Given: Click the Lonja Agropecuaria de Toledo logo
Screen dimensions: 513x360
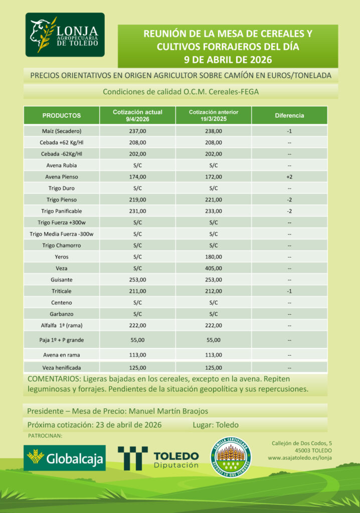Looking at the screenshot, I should [65, 35].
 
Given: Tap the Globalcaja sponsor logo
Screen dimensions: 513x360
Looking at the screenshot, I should [65, 458].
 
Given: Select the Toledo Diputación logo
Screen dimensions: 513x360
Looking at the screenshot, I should [158, 458].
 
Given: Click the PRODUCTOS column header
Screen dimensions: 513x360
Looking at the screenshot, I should [62, 116].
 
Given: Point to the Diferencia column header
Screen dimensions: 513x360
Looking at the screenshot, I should [289, 116].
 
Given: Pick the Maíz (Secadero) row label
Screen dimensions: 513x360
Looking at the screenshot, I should [62, 131].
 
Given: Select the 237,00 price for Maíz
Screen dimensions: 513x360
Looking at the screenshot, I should [137, 131].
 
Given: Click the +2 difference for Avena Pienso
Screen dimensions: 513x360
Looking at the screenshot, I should [289, 177].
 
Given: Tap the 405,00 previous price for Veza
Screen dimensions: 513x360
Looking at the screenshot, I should [214, 268].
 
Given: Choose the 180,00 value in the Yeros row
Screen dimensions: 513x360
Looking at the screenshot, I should [214, 257].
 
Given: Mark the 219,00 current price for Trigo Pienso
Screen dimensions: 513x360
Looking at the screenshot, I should [137, 200].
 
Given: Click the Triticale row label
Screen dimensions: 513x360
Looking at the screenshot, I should [62, 291].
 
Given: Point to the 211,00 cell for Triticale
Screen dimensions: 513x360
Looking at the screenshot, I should [137, 291].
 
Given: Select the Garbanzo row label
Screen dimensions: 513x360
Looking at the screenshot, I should [62, 314].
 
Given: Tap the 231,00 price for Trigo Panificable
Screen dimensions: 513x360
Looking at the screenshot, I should [137, 211].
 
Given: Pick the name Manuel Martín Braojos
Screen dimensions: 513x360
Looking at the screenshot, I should [168, 411].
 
